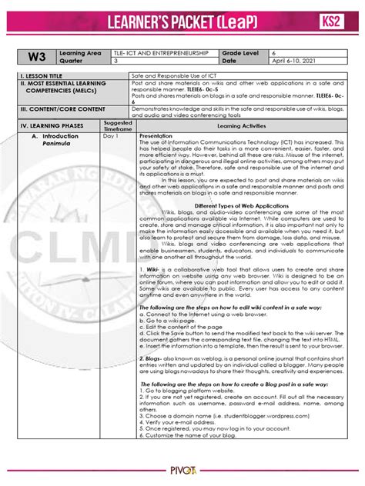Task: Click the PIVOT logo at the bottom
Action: pyautogui.click(x=183, y=477)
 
